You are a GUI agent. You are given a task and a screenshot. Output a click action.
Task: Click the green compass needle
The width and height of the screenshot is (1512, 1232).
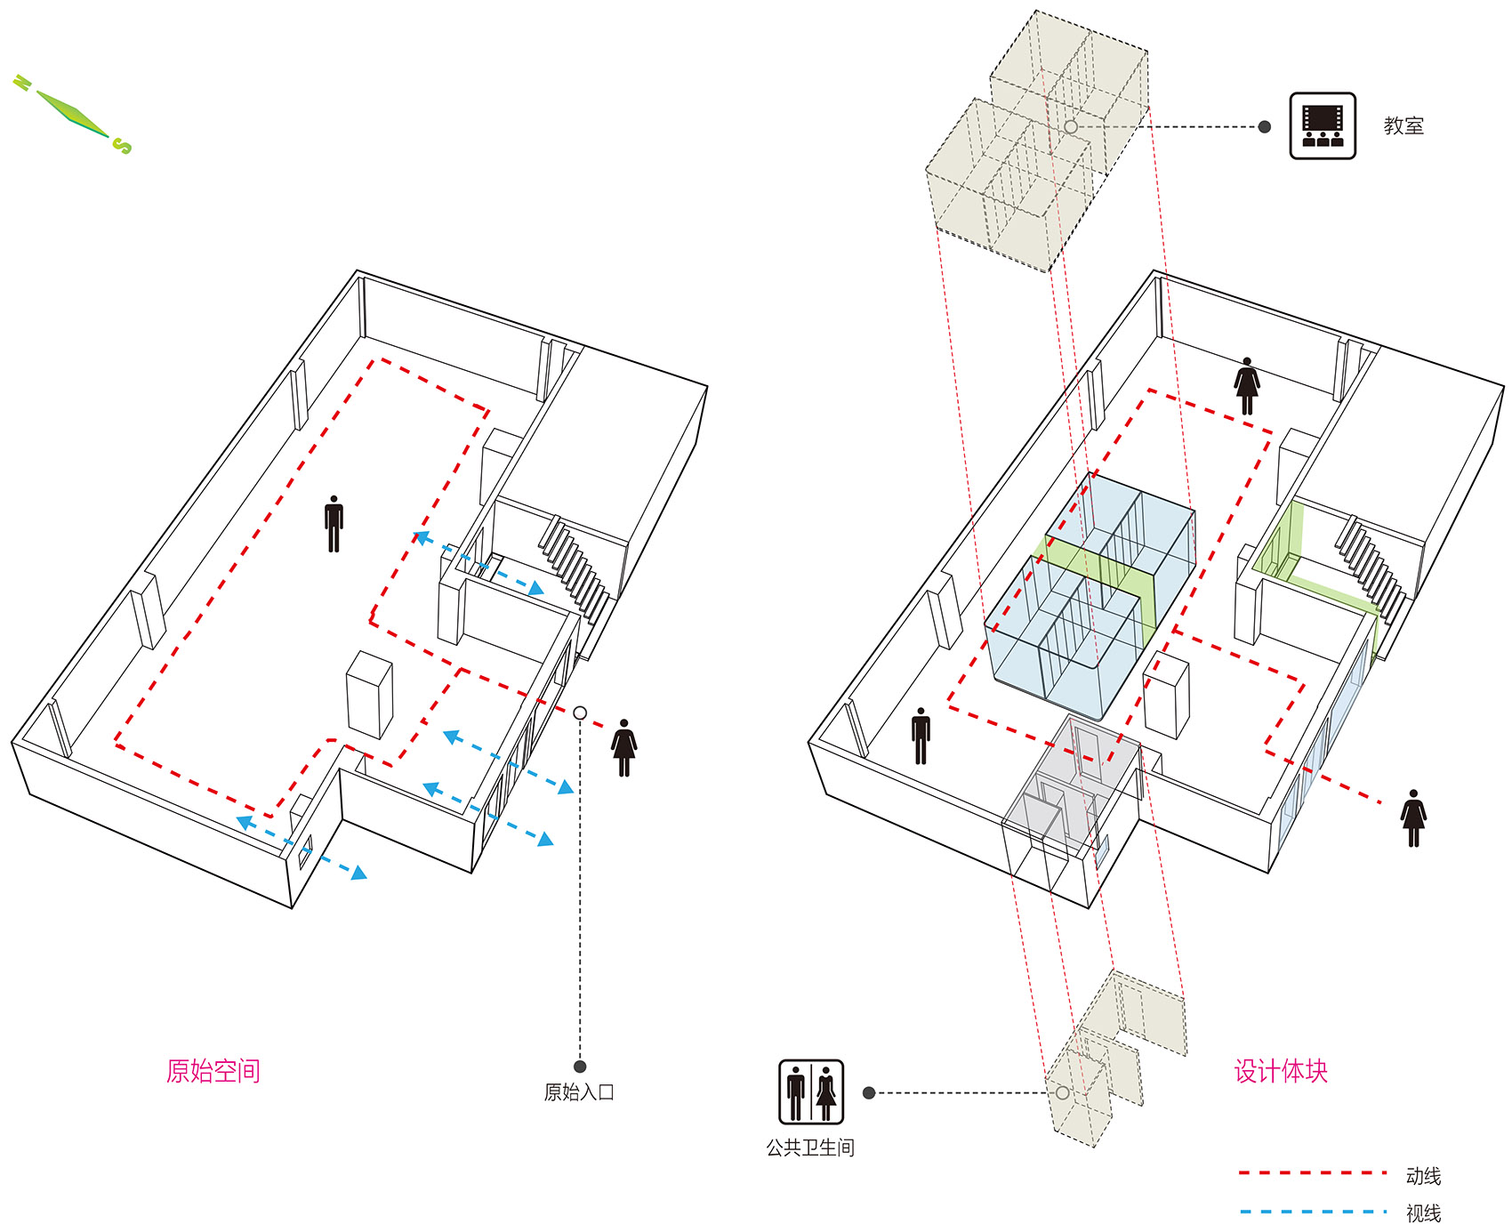(x=73, y=114)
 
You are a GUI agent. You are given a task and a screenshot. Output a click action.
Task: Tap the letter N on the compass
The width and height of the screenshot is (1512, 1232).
(x=22, y=84)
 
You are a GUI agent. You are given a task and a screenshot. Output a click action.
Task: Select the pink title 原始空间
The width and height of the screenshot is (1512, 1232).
(x=213, y=1070)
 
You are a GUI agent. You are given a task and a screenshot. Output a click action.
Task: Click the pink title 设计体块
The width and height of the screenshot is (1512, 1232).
(x=1281, y=1070)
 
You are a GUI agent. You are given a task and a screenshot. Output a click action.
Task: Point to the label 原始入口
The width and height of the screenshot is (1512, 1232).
(x=579, y=1092)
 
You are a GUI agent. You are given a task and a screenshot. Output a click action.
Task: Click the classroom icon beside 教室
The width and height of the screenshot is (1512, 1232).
(x=1323, y=125)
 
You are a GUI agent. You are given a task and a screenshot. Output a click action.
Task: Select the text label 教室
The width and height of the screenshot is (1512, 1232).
(x=1403, y=125)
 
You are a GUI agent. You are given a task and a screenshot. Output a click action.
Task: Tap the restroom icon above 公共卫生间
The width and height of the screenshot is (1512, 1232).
(x=811, y=1092)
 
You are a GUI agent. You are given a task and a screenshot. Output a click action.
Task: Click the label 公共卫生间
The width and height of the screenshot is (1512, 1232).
(x=810, y=1147)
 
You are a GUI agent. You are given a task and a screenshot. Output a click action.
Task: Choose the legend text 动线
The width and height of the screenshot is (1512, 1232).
(x=1423, y=1176)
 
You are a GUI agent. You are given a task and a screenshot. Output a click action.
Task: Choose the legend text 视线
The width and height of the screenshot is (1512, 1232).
(x=1423, y=1212)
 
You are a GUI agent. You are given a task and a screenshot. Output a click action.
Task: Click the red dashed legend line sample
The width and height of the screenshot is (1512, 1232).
(x=1313, y=1173)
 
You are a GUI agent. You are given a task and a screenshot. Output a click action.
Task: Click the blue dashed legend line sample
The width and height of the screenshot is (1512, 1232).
(x=1313, y=1212)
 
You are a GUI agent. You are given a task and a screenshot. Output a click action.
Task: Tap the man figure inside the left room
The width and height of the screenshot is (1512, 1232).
(x=334, y=524)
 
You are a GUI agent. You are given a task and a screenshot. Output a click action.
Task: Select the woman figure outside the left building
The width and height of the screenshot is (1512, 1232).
(x=623, y=748)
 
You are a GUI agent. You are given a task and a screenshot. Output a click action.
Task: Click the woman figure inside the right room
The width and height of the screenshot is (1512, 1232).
(x=1247, y=386)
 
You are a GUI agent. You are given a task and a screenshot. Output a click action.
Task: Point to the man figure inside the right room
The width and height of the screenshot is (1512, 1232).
(x=921, y=736)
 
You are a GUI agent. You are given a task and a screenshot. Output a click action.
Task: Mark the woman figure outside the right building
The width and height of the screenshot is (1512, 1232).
(x=1413, y=817)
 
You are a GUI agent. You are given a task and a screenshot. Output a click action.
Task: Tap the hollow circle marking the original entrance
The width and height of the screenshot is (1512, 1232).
(x=580, y=713)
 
